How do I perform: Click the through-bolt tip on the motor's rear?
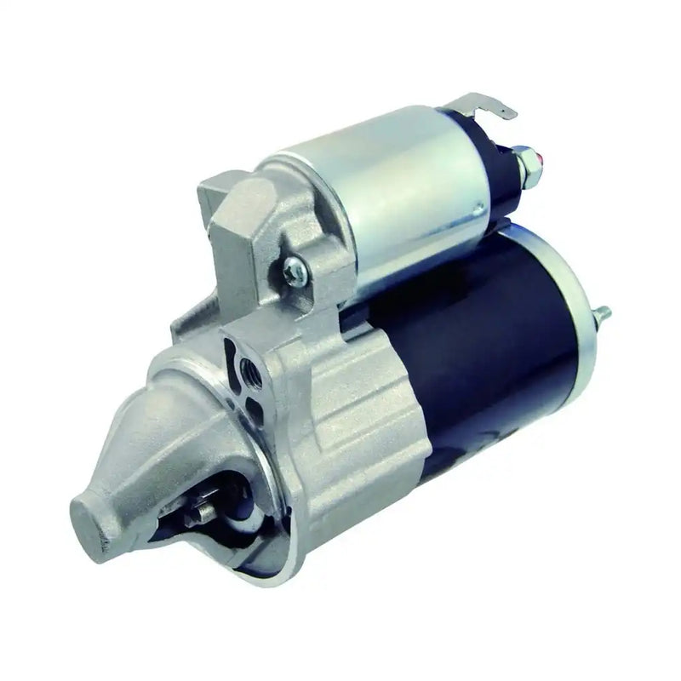point(604,314)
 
